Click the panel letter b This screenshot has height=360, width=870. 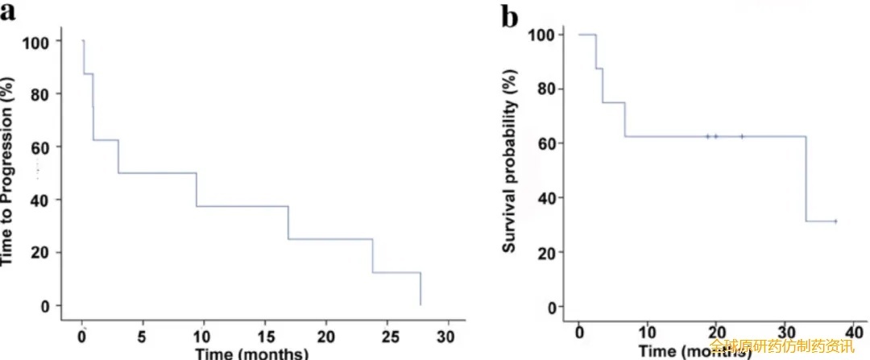[509, 15]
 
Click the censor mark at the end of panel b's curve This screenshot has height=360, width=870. [835, 221]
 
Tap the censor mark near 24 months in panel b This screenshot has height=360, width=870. [742, 136]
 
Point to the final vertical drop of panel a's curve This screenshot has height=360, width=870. [420, 288]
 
